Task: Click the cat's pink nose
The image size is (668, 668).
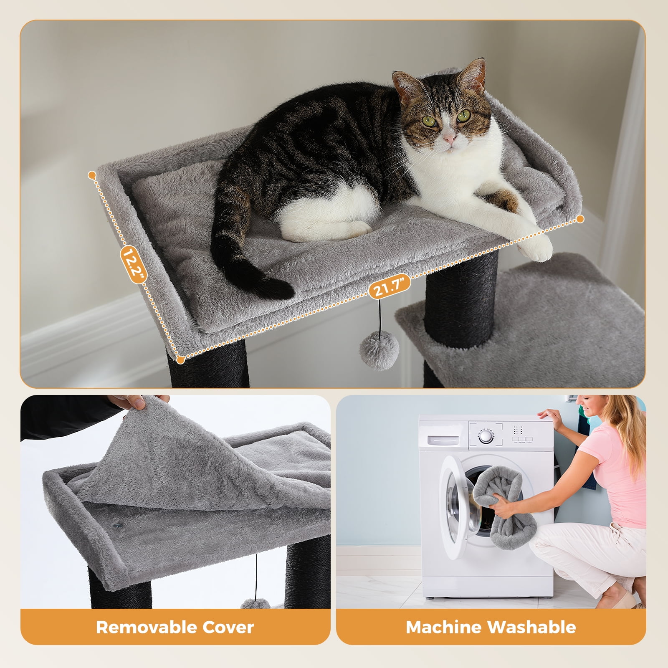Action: (448, 137)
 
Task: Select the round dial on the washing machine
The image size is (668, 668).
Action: (485, 436)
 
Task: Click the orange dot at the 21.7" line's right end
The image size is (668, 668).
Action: (580, 219)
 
